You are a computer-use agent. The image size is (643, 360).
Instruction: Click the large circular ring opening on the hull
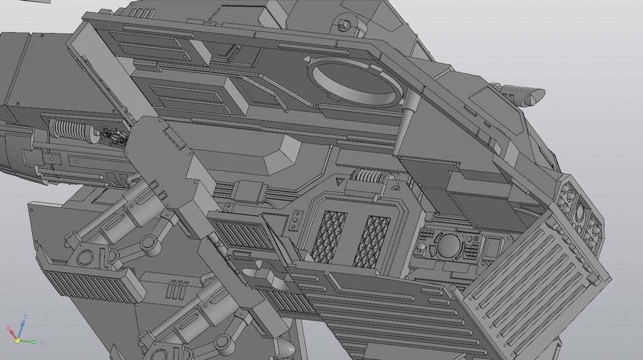click(x=354, y=82)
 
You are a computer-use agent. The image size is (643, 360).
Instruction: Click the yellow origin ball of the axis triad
click(x=18, y=340)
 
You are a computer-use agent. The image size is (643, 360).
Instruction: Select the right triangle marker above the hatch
click(x=393, y=185)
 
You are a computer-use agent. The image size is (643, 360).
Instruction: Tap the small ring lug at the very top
click(x=343, y=25)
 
